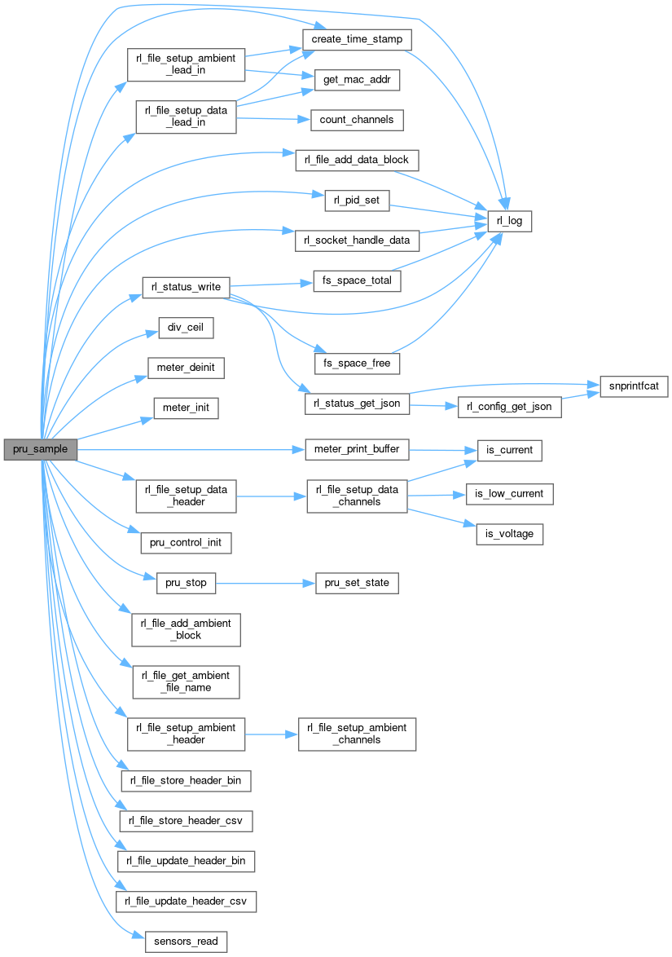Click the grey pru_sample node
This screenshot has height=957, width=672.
(40, 449)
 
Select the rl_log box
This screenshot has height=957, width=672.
(509, 220)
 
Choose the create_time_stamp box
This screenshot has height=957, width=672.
(357, 39)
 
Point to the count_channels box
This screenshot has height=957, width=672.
(357, 119)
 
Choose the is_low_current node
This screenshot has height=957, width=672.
(509, 493)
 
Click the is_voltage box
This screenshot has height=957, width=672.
(509, 534)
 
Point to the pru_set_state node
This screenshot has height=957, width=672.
(357, 583)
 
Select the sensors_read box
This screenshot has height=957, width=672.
(186, 941)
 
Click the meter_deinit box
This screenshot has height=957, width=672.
(186, 368)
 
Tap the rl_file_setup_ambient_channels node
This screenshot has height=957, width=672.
(357, 734)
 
